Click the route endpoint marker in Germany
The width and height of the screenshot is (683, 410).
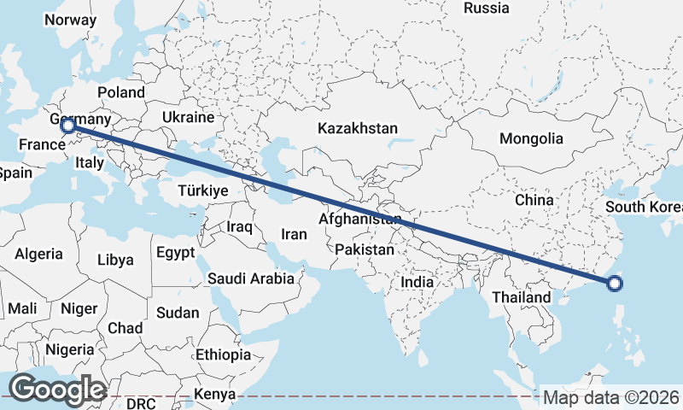tap(68, 126)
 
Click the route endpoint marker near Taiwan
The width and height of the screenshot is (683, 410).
tap(616, 284)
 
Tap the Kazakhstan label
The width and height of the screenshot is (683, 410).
tap(358, 129)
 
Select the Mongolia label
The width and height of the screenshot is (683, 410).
tap(531, 138)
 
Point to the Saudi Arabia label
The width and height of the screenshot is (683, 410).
tap(251, 278)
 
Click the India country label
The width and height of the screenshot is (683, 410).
tap(417, 282)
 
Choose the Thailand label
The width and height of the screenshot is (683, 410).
tap(521, 297)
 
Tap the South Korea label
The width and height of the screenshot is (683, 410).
tap(644, 208)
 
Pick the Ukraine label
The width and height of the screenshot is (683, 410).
tap(187, 116)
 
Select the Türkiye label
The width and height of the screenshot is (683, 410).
tap(202, 190)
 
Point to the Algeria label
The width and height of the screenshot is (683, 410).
tap(38, 254)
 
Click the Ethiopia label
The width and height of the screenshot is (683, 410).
tap(223, 354)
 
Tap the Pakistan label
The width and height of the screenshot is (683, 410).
tap(365, 250)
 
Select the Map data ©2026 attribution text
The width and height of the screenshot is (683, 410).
tap(610, 397)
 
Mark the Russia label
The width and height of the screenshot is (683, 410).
tap(486, 9)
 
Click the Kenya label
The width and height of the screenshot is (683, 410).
tap(214, 394)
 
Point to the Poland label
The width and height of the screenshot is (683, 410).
tap(121, 92)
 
